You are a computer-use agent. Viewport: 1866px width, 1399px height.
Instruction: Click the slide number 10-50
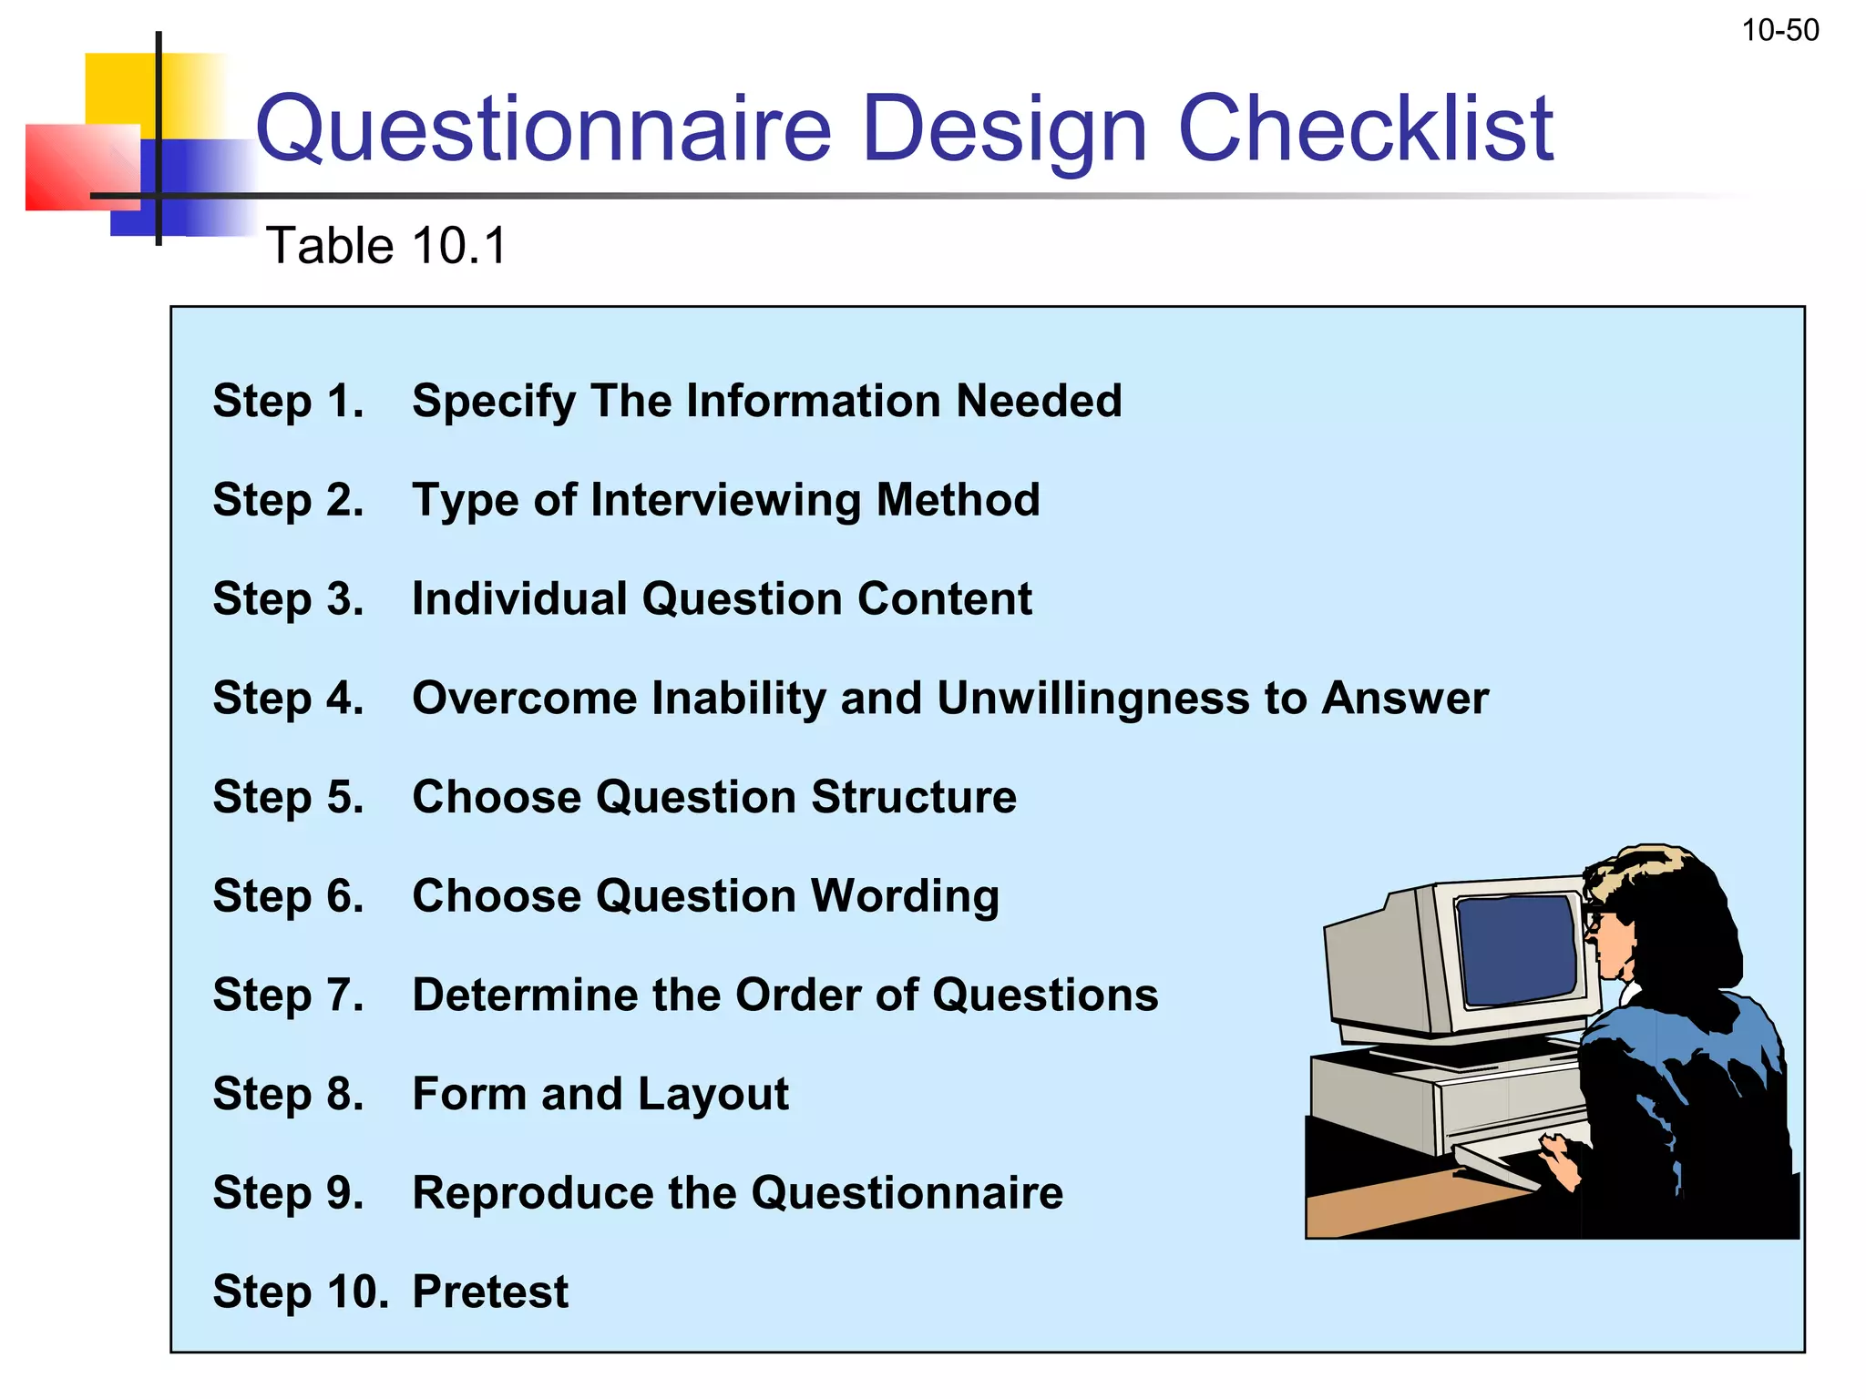tap(1779, 31)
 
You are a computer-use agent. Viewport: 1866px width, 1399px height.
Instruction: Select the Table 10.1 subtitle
tap(385, 246)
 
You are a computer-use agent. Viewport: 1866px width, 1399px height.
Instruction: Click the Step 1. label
tap(288, 401)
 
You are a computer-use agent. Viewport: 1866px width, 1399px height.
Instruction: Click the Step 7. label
tap(288, 995)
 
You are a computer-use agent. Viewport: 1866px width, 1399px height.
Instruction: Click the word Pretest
tap(490, 1292)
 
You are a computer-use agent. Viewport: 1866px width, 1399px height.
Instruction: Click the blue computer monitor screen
tap(1517, 947)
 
